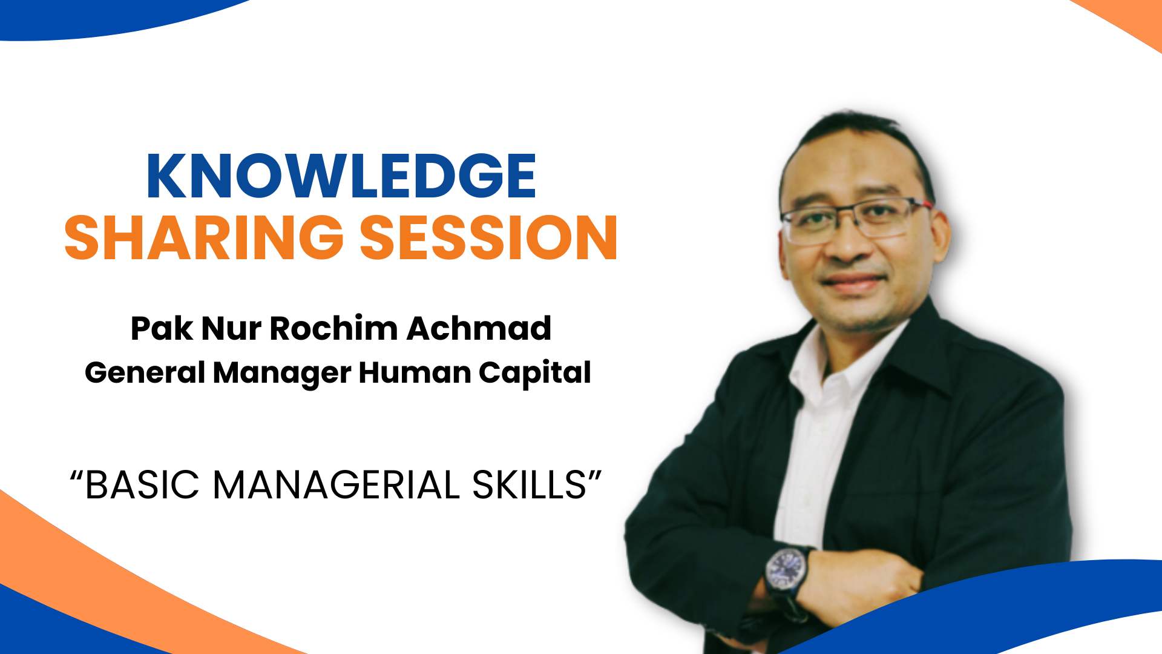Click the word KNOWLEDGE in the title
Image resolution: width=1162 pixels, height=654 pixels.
click(x=341, y=176)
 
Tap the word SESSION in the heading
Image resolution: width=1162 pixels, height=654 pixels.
click(x=489, y=238)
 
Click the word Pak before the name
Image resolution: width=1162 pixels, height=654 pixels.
click(x=162, y=329)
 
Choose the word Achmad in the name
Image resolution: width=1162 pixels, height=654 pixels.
click(x=479, y=329)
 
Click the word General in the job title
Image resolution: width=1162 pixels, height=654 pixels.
click(x=145, y=372)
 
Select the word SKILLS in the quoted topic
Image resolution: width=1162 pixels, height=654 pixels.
click(x=530, y=485)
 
